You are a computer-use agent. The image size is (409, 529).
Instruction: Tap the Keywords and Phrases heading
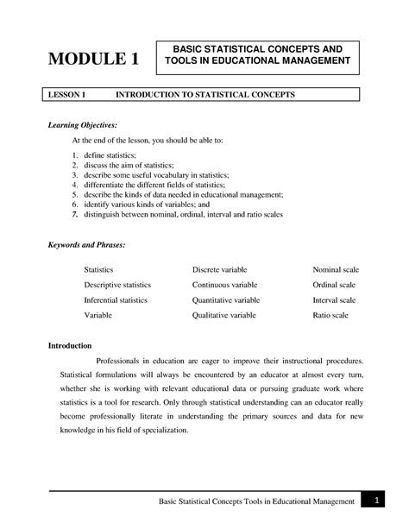tap(87, 245)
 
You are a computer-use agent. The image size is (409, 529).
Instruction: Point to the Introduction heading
tap(69, 345)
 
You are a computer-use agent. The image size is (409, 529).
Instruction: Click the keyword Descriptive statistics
tap(117, 285)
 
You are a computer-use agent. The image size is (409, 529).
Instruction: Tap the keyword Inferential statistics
tap(115, 300)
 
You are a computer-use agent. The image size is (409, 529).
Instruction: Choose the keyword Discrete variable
tap(220, 270)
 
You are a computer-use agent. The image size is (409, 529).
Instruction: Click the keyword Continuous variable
tap(224, 285)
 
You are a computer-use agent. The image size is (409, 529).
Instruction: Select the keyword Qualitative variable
tap(223, 316)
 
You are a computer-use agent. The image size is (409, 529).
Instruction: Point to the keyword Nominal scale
tap(336, 270)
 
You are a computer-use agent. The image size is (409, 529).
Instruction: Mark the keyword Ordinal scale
tap(334, 285)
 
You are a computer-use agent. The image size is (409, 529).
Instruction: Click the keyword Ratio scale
tap(330, 316)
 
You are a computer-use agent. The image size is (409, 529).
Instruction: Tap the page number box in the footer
tap(377, 501)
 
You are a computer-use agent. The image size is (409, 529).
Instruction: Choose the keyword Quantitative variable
tap(225, 300)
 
